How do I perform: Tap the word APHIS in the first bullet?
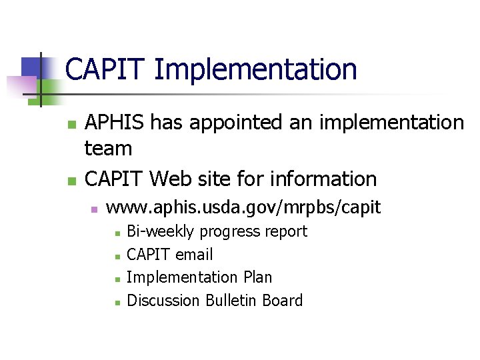(115, 123)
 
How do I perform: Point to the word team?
(108, 149)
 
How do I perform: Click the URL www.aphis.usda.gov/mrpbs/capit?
(244, 208)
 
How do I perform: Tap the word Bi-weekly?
(161, 232)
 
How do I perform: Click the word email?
(194, 255)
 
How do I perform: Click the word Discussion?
(163, 301)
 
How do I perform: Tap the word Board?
(282, 301)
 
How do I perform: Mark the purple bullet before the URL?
(94, 209)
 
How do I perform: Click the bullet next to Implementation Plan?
(116, 279)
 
